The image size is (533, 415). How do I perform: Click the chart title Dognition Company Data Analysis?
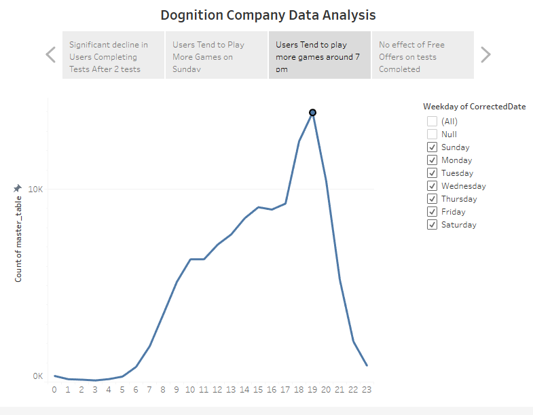268,14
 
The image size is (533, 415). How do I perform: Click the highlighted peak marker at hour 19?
312,113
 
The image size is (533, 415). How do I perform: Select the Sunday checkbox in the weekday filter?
432,147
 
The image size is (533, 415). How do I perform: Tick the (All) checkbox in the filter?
432,122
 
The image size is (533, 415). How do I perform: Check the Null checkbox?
432,134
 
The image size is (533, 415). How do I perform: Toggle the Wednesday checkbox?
432,186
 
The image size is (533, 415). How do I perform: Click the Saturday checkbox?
432,225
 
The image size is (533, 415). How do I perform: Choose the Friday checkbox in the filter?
432,212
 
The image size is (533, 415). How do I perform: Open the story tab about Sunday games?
217,56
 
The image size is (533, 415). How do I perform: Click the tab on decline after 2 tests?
113,56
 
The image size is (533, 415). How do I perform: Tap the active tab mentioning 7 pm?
319,56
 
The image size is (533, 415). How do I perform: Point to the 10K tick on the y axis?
35,189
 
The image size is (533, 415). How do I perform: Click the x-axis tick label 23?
367,390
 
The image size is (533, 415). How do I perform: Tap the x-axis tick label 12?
217,390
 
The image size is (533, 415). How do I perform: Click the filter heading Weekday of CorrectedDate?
474,107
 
